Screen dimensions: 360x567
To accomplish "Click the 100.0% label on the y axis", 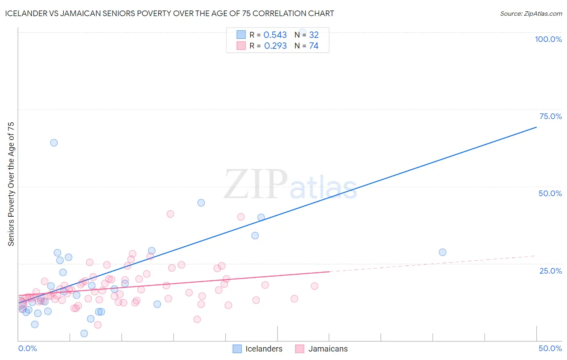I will click(x=548, y=39).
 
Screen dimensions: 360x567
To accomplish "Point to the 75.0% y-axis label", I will click(x=550, y=116).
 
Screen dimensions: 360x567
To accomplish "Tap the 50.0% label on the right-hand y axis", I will click(x=550, y=193).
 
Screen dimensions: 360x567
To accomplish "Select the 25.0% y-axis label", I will click(x=550, y=271).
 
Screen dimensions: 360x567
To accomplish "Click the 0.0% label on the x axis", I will click(x=27, y=348).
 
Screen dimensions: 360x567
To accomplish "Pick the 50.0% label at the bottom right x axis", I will click(x=550, y=348).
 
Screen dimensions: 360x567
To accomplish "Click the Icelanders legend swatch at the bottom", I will click(x=237, y=349).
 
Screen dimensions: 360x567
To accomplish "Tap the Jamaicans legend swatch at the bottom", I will click(x=299, y=349).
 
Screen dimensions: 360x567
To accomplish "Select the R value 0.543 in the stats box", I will click(x=275, y=35).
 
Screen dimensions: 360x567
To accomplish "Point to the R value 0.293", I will click(x=275, y=46).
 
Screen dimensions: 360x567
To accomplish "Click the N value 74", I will click(x=314, y=46).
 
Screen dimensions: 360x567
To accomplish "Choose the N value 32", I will click(x=314, y=35).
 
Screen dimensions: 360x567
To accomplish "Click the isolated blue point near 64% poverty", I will click(x=54, y=143).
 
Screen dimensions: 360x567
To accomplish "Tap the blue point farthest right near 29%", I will click(x=442, y=252).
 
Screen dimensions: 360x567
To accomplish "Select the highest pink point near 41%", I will click(x=170, y=214).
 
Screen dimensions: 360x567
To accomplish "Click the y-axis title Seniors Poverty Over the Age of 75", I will click(x=11, y=184).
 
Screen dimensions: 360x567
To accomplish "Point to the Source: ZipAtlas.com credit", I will click(x=531, y=14).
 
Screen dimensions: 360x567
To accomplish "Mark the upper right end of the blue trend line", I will click(x=536, y=127).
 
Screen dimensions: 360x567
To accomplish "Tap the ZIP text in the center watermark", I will click(x=256, y=184).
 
